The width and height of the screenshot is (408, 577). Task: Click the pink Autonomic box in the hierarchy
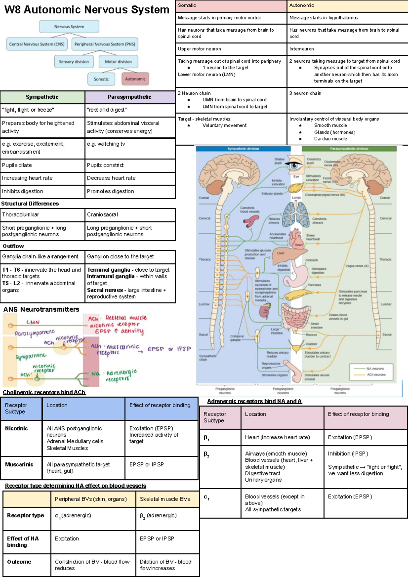point(135,79)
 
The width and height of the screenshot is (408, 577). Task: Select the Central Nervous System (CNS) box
point(37,44)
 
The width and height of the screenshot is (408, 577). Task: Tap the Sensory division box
point(74,62)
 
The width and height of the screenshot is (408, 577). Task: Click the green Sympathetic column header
point(42,97)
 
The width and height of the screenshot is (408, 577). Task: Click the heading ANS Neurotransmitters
point(41,309)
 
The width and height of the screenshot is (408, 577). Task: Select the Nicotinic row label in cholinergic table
point(16,428)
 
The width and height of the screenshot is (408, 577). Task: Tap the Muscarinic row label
point(19,464)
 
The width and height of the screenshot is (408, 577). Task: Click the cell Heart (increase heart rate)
point(277,437)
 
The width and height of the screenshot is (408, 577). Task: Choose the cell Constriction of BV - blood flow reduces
point(92,565)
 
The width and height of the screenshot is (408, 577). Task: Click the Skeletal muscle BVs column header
point(165,499)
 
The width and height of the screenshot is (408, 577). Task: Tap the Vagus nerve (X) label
point(357,266)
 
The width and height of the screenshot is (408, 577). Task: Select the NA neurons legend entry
point(375,369)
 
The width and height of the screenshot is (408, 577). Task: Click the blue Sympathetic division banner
point(243,149)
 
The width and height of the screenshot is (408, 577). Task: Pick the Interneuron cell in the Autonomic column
point(302,49)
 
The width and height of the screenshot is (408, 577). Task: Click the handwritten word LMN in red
point(33,322)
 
